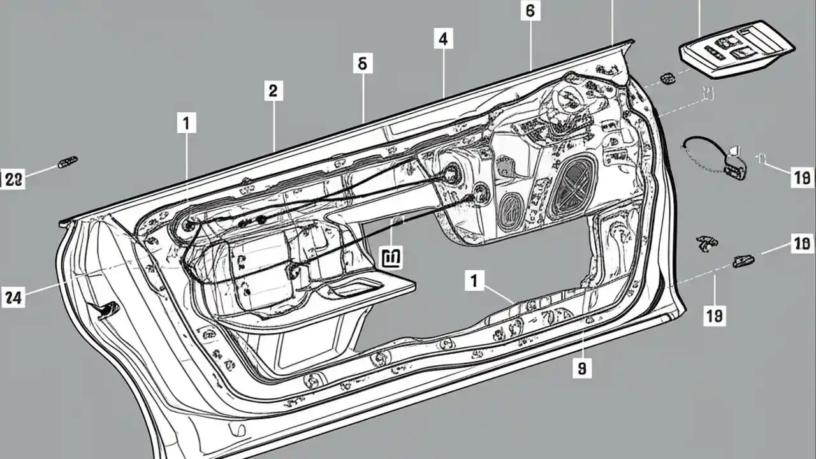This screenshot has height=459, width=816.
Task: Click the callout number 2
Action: point(273,91)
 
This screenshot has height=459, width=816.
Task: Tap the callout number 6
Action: point(530,10)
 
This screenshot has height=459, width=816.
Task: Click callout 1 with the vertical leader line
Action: point(186,123)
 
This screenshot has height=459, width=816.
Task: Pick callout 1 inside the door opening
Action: point(474,280)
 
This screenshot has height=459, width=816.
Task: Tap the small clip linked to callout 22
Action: point(67,162)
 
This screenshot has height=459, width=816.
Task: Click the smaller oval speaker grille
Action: point(511,210)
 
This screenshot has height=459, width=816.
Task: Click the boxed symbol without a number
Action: point(390,257)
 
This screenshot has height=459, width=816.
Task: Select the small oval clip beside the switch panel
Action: point(667,78)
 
